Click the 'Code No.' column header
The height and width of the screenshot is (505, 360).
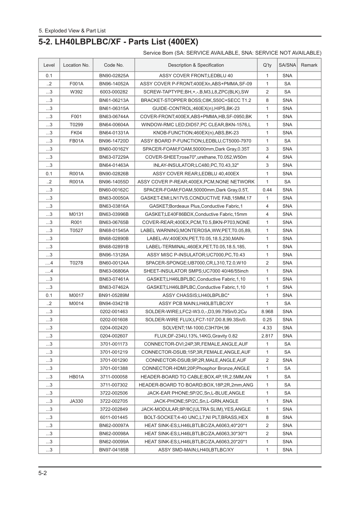pos(114,65)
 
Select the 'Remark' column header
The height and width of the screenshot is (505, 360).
pos(309,65)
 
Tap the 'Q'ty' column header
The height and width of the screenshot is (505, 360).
pos(267,65)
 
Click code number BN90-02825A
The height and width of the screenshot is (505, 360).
pos(114,75)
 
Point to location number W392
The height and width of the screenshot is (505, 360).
pos(76,92)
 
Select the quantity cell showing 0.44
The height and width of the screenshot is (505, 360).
pos(267,190)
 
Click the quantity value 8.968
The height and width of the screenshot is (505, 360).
pos(267,312)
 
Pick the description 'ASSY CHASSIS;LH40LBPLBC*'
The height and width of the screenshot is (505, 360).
pos(196,296)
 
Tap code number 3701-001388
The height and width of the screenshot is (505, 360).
pos(114,369)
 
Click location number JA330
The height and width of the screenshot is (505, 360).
pos(76,401)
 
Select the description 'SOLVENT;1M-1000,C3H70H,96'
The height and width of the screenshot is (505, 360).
pos(196,328)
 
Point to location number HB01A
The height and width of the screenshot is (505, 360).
pos(76,377)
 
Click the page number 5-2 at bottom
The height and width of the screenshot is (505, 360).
pos(43,473)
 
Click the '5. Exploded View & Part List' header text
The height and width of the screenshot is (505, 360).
pos(72,31)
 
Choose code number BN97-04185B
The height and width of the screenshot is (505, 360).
pos(114,450)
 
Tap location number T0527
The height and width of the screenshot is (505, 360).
pos(76,230)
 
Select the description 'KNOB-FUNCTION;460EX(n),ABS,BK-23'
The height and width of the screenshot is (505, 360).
pos(196,133)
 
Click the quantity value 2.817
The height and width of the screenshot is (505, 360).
pos(267,336)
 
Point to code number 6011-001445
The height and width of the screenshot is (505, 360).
pos(114,417)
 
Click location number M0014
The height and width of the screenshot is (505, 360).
pos(76,304)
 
